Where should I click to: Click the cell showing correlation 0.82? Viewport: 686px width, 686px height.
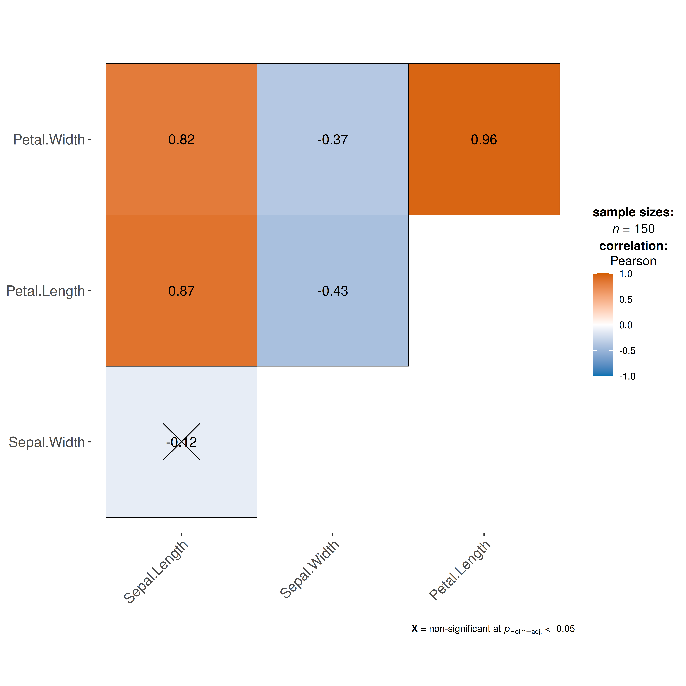point(182,139)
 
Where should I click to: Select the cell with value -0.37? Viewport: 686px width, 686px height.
point(333,139)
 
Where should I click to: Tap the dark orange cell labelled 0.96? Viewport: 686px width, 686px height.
point(484,139)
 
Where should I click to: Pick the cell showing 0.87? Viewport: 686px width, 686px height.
point(182,290)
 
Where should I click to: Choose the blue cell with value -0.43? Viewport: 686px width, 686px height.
point(333,290)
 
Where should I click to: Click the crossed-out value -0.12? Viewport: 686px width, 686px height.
point(182,442)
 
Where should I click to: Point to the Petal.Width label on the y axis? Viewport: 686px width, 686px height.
point(49,139)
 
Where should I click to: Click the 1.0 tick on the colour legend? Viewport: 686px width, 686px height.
point(626,274)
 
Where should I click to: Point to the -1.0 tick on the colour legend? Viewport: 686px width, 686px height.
point(627,376)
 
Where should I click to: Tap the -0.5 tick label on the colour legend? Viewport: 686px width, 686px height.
point(627,351)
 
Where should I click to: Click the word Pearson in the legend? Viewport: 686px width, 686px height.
point(633,261)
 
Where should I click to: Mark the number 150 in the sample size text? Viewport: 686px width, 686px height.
point(644,229)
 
